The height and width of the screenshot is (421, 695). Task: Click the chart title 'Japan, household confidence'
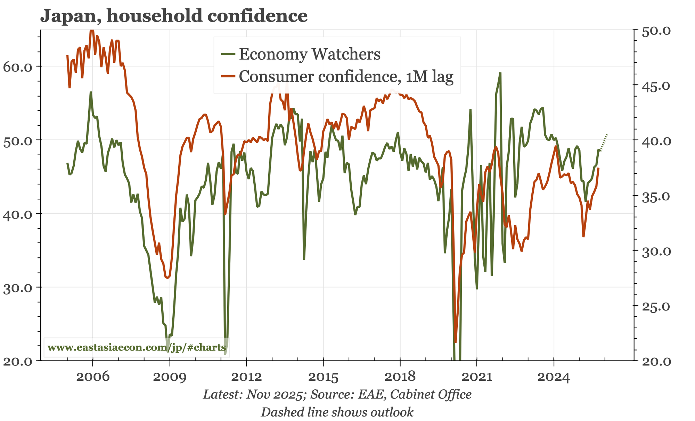coord(174,16)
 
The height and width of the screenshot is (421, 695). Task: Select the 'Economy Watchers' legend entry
coord(309,54)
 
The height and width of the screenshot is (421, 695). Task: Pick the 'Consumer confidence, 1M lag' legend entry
coord(346,77)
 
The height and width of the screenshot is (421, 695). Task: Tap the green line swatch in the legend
coord(228,54)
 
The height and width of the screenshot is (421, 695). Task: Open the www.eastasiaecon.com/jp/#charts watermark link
coord(137,347)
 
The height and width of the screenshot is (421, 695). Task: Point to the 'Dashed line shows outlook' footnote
coord(337,412)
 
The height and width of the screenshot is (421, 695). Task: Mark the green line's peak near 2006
coord(91,92)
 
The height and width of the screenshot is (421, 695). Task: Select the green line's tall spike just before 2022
coord(500,73)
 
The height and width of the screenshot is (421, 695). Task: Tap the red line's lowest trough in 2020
coord(455,342)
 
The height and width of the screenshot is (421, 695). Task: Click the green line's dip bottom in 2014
coord(304,259)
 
